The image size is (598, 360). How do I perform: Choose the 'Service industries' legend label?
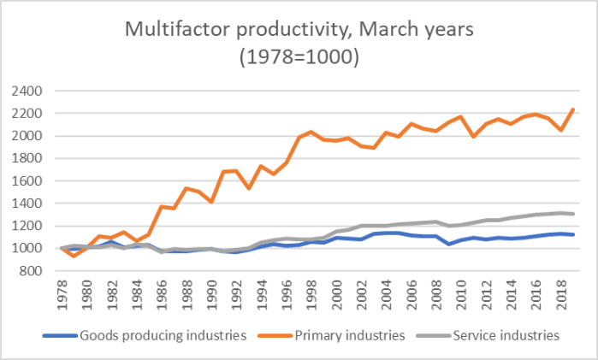[506, 334]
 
